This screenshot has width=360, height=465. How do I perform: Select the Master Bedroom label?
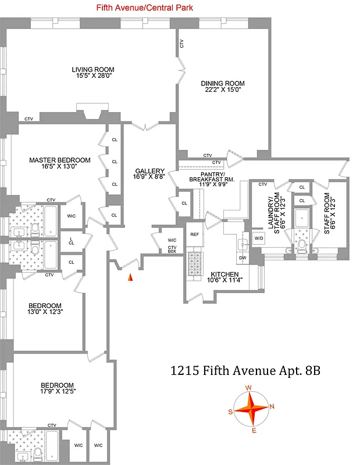pyautogui.click(x=60, y=160)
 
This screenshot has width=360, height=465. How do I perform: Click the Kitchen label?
pyautogui.click(x=223, y=275)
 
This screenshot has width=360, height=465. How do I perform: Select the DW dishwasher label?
pyautogui.click(x=243, y=257)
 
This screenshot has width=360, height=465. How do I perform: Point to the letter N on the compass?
pyautogui.click(x=272, y=406)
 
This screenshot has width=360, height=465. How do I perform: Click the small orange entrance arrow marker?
pyautogui.click(x=130, y=278)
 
